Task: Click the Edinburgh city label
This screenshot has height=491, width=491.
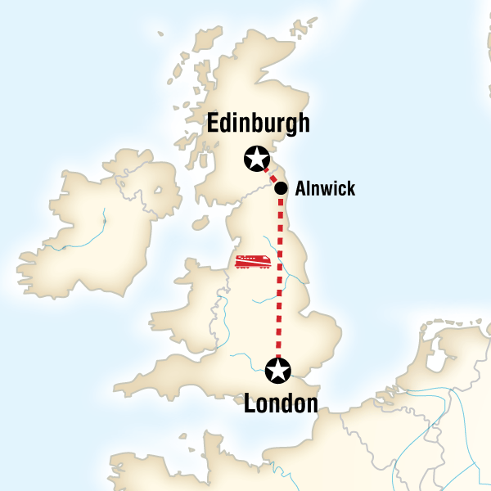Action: click(259, 123)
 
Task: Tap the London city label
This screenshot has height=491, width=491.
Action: click(281, 403)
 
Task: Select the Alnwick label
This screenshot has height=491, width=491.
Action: click(325, 189)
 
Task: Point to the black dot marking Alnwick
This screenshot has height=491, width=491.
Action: click(281, 188)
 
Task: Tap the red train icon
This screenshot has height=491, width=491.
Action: click(254, 261)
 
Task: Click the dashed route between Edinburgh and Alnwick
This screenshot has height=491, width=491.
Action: click(270, 173)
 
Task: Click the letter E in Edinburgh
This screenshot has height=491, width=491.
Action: click(215, 123)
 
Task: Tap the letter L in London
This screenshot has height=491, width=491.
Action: click(250, 403)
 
